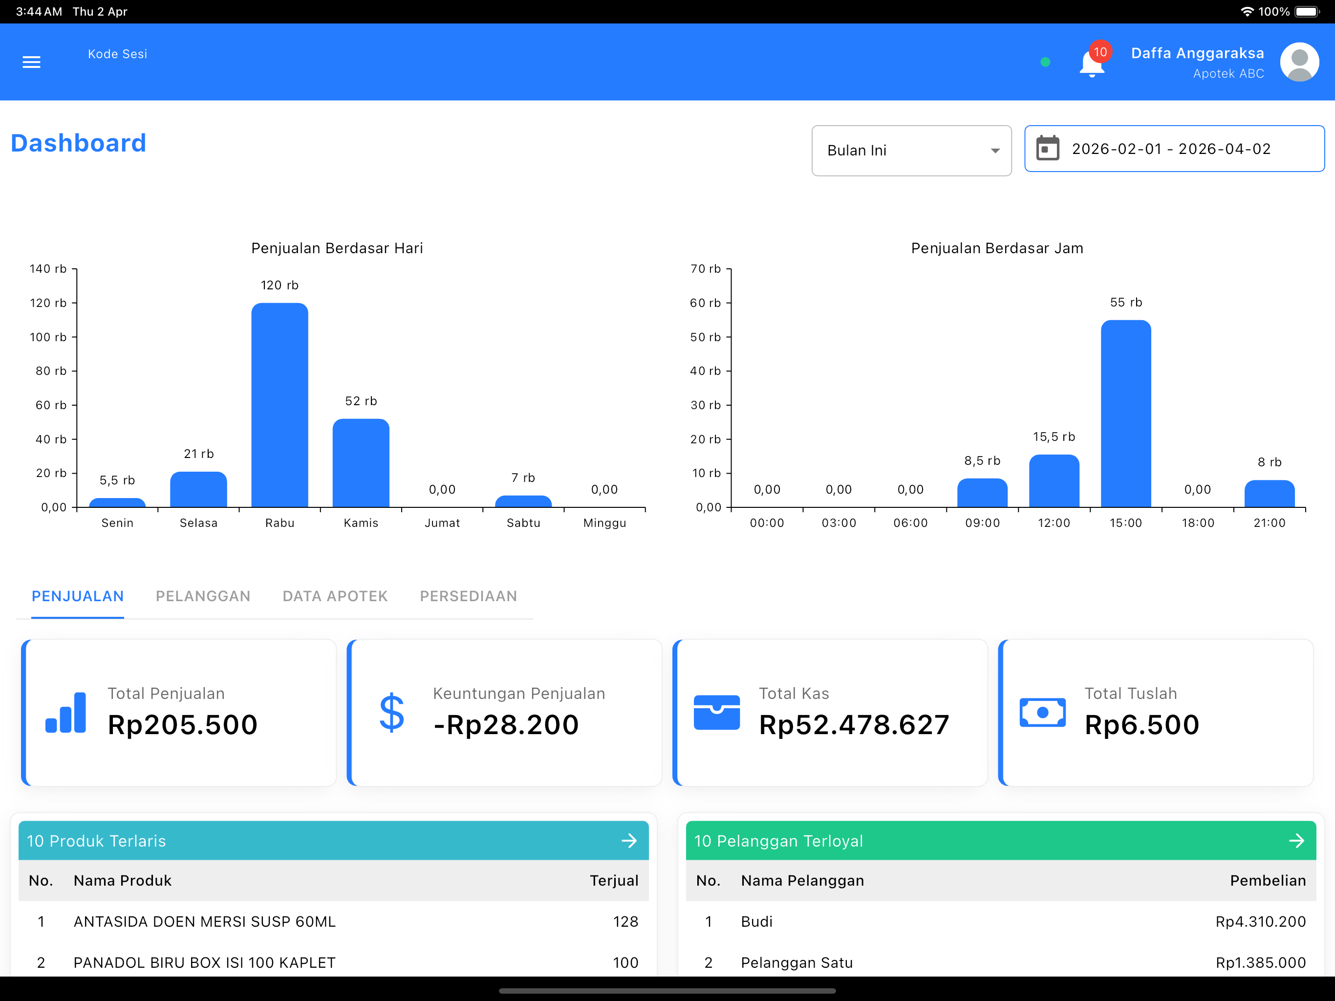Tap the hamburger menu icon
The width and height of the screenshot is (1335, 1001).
pos(31,62)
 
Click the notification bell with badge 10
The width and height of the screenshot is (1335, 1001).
pos(1092,63)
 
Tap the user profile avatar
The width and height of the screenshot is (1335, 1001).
pos(1299,62)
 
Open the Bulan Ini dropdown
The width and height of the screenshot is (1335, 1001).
pos(911,151)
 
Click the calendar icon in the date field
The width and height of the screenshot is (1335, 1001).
pos(1047,149)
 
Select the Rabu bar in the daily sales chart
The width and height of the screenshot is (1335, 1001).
pos(280,405)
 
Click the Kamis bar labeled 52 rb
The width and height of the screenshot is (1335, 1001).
pos(361,462)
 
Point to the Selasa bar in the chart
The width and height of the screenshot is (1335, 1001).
pos(198,489)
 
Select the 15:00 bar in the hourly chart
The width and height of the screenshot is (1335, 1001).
pos(1125,413)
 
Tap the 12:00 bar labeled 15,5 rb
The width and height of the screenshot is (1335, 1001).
pos(1054,480)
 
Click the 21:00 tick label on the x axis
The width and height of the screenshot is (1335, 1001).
pos(1269,523)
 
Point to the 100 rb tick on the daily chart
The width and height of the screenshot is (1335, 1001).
pos(48,337)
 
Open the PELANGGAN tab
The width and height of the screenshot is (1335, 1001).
pos(203,596)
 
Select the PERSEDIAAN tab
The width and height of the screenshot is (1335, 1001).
pos(468,596)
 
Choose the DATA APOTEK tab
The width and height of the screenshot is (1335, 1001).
pos(335,596)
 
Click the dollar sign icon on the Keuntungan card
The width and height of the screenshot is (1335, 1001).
pos(392,713)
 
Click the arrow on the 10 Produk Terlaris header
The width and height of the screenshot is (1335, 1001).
pos(629,840)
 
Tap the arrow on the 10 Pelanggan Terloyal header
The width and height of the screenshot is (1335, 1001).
pos(1296,840)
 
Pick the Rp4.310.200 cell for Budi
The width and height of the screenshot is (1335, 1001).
pos(1260,921)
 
